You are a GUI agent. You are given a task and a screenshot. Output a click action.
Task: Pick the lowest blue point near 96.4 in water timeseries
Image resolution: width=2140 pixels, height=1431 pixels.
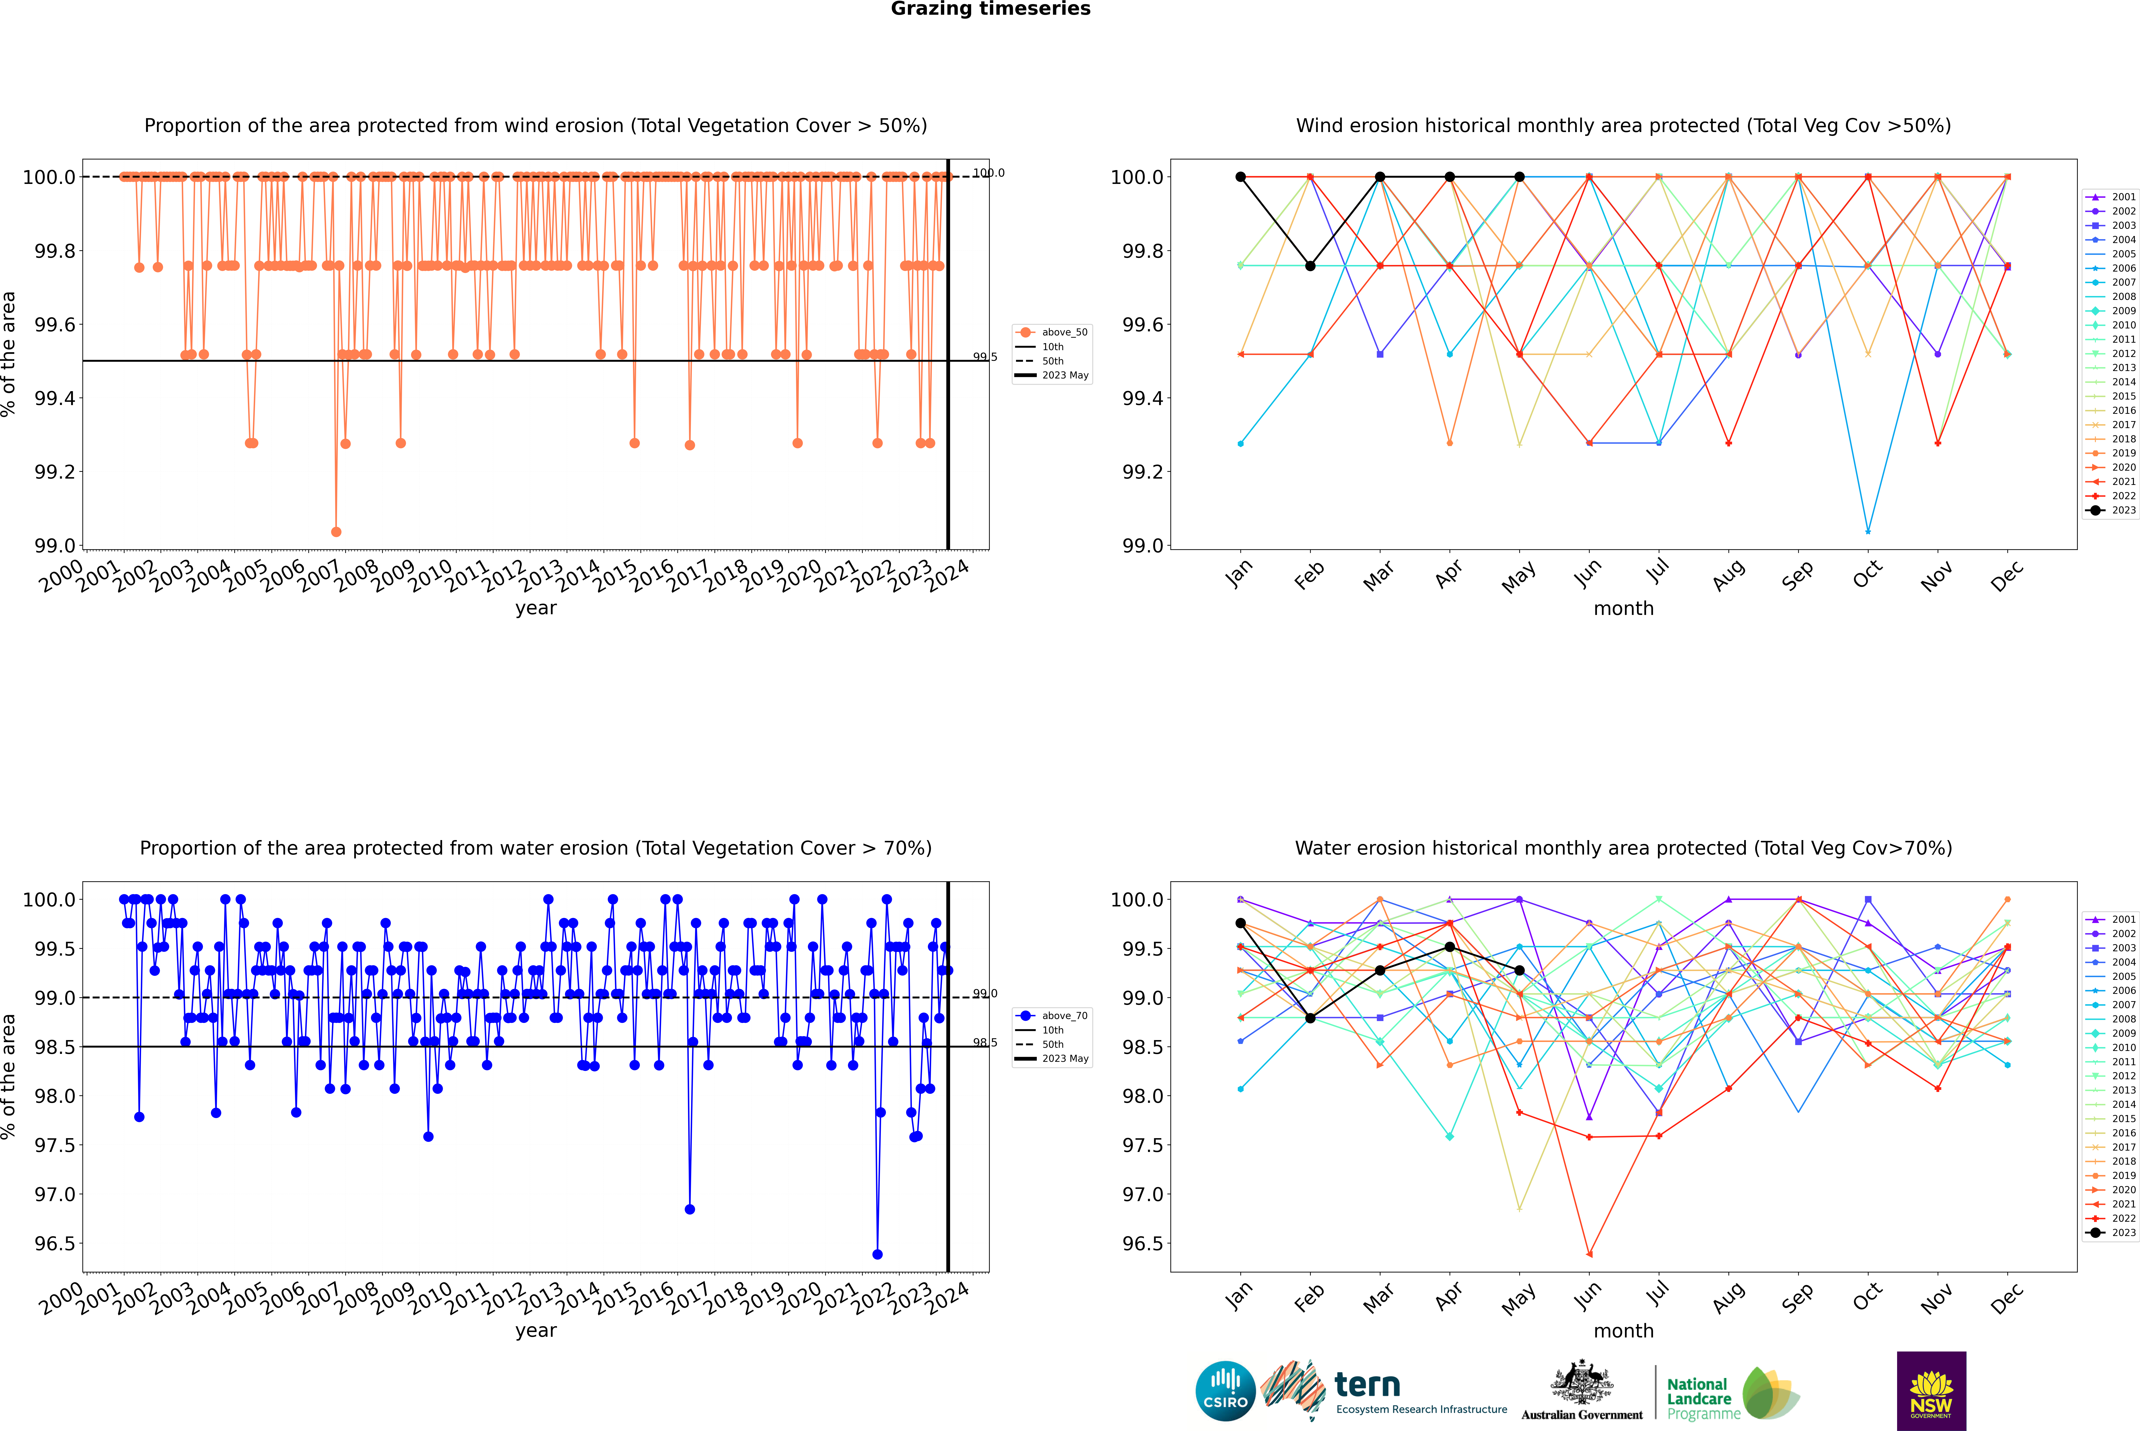(877, 1254)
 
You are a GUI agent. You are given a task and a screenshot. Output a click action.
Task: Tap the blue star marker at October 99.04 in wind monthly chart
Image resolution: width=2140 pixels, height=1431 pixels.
(1868, 531)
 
